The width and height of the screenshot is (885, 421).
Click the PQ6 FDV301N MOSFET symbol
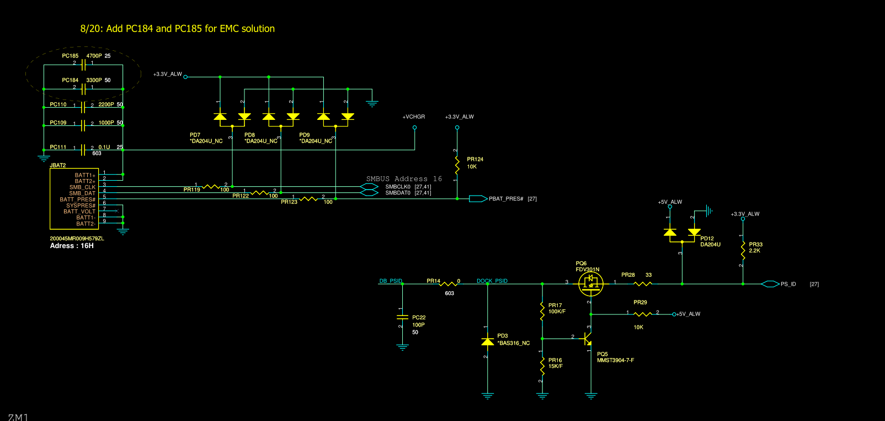click(x=590, y=283)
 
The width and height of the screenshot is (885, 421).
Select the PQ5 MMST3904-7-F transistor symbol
click(x=588, y=338)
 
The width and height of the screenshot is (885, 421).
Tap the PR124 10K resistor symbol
click(x=457, y=164)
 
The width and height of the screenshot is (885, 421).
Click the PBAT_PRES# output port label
click(x=505, y=199)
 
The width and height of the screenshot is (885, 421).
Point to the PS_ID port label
click(x=788, y=284)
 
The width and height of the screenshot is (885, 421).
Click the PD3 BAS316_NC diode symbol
click(x=487, y=342)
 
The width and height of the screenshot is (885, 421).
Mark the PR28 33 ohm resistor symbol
click(x=642, y=284)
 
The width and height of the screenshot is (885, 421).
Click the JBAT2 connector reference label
click(x=58, y=165)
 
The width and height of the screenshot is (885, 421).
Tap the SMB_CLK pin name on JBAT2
click(x=82, y=187)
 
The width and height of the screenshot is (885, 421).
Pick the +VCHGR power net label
click(x=413, y=117)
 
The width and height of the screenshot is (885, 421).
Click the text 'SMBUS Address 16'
click(x=404, y=179)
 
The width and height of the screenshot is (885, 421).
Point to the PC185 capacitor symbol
click(x=83, y=65)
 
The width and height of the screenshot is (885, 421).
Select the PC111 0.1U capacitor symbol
click(x=83, y=150)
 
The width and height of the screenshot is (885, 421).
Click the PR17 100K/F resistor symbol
click(x=542, y=311)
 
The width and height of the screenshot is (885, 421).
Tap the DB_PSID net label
click(x=391, y=281)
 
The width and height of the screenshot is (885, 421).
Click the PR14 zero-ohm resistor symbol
click(x=448, y=284)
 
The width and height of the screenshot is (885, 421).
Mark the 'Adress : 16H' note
click(x=72, y=246)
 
